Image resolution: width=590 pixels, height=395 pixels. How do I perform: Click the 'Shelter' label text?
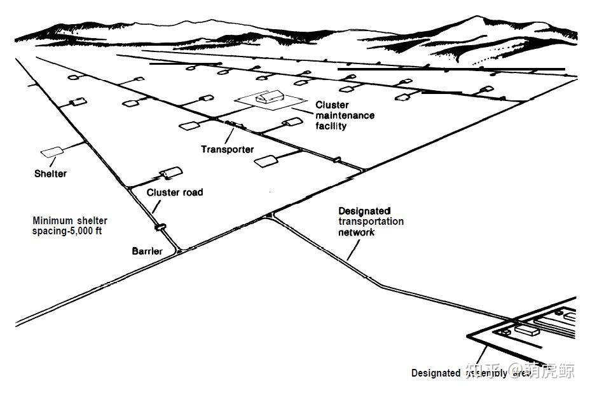pos(50,173)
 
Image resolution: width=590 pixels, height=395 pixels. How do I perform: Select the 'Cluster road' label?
pos(175,192)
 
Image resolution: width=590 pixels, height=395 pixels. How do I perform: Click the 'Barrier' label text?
pos(147,251)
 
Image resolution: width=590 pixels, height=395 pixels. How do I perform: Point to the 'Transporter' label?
pos(227,150)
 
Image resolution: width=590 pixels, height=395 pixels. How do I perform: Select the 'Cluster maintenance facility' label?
pos(345,116)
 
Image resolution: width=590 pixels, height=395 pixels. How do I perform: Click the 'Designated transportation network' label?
pos(371,222)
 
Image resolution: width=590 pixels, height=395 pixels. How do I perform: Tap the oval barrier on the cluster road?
pos(160,225)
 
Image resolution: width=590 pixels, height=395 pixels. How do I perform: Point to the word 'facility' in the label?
pos(331,126)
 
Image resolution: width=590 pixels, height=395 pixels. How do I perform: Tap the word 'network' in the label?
pos(356,232)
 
